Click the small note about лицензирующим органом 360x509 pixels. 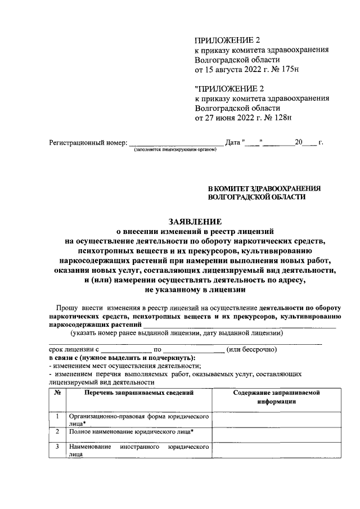(175, 151)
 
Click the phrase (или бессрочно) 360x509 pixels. (251, 349)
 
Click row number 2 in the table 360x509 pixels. (57, 432)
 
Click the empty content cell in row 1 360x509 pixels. (276, 419)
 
